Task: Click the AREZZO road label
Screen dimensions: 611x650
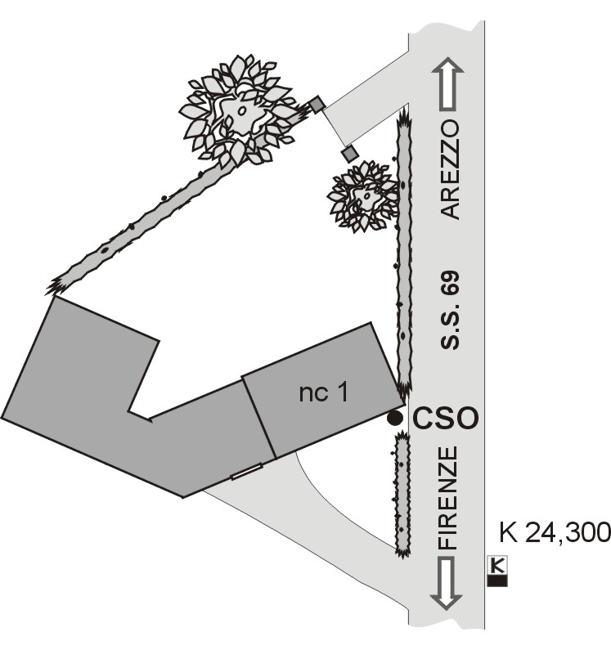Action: [x=450, y=170]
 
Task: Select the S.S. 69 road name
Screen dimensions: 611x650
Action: [x=450, y=310]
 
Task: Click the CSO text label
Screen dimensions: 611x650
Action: [x=446, y=418]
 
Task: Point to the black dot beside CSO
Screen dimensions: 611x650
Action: [x=394, y=419]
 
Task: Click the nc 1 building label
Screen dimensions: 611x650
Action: [x=324, y=392]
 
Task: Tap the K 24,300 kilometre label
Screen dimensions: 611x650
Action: [x=555, y=532]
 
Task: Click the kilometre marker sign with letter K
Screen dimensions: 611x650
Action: [x=497, y=571]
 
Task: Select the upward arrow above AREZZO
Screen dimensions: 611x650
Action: [x=448, y=83]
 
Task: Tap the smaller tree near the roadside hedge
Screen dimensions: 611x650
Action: [x=363, y=196]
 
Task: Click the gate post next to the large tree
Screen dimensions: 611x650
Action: [x=317, y=105]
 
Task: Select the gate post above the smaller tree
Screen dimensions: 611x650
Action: [x=350, y=154]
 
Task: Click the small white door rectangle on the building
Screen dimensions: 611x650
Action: [x=246, y=471]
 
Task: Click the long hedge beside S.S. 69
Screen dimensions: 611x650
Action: [x=404, y=251]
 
